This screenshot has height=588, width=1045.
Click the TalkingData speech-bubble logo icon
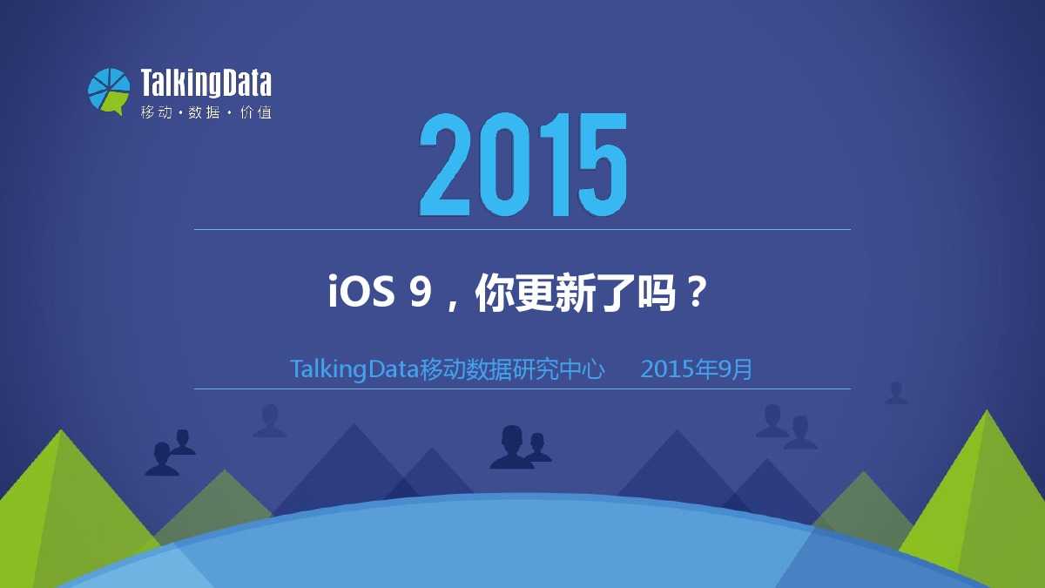pyautogui.click(x=109, y=91)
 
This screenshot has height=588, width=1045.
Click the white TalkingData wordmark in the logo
pyautogui.click(x=206, y=83)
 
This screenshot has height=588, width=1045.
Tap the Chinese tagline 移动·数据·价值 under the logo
pyautogui.click(x=206, y=112)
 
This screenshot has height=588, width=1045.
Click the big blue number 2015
pyautogui.click(x=523, y=165)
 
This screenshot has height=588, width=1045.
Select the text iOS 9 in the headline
pyautogui.click(x=380, y=292)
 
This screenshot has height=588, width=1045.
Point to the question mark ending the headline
pyautogui.click(x=697, y=291)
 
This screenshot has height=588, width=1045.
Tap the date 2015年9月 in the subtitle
pyautogui.click(x=697, y=369)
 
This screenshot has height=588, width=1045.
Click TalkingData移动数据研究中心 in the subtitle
pyautogui.click(x=447, y=369)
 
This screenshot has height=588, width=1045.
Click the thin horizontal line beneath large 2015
pyautogui.click(x=522, y=229)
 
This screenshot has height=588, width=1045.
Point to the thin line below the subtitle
pyautogui.click(x=522, y=389)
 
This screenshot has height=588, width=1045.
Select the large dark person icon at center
pyautogui.click(x=511, y=447)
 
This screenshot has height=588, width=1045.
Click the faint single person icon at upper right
pyautogui.click(x=896, y=393)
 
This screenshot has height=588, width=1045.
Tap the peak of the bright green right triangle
pyautogui.click(x=987, y=410)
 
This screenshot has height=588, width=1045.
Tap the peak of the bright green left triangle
pyautogui.click(x=60, y=429)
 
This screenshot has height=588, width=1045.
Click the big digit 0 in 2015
pyautogui.click(x=500, y=165)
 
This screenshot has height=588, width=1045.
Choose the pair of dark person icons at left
pyautogui.click(x=171, y=453)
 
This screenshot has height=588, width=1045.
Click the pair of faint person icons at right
pyautogui.click(x=786, y=427)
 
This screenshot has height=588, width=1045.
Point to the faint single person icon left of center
pyautogui.click(x=270, y=421)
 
